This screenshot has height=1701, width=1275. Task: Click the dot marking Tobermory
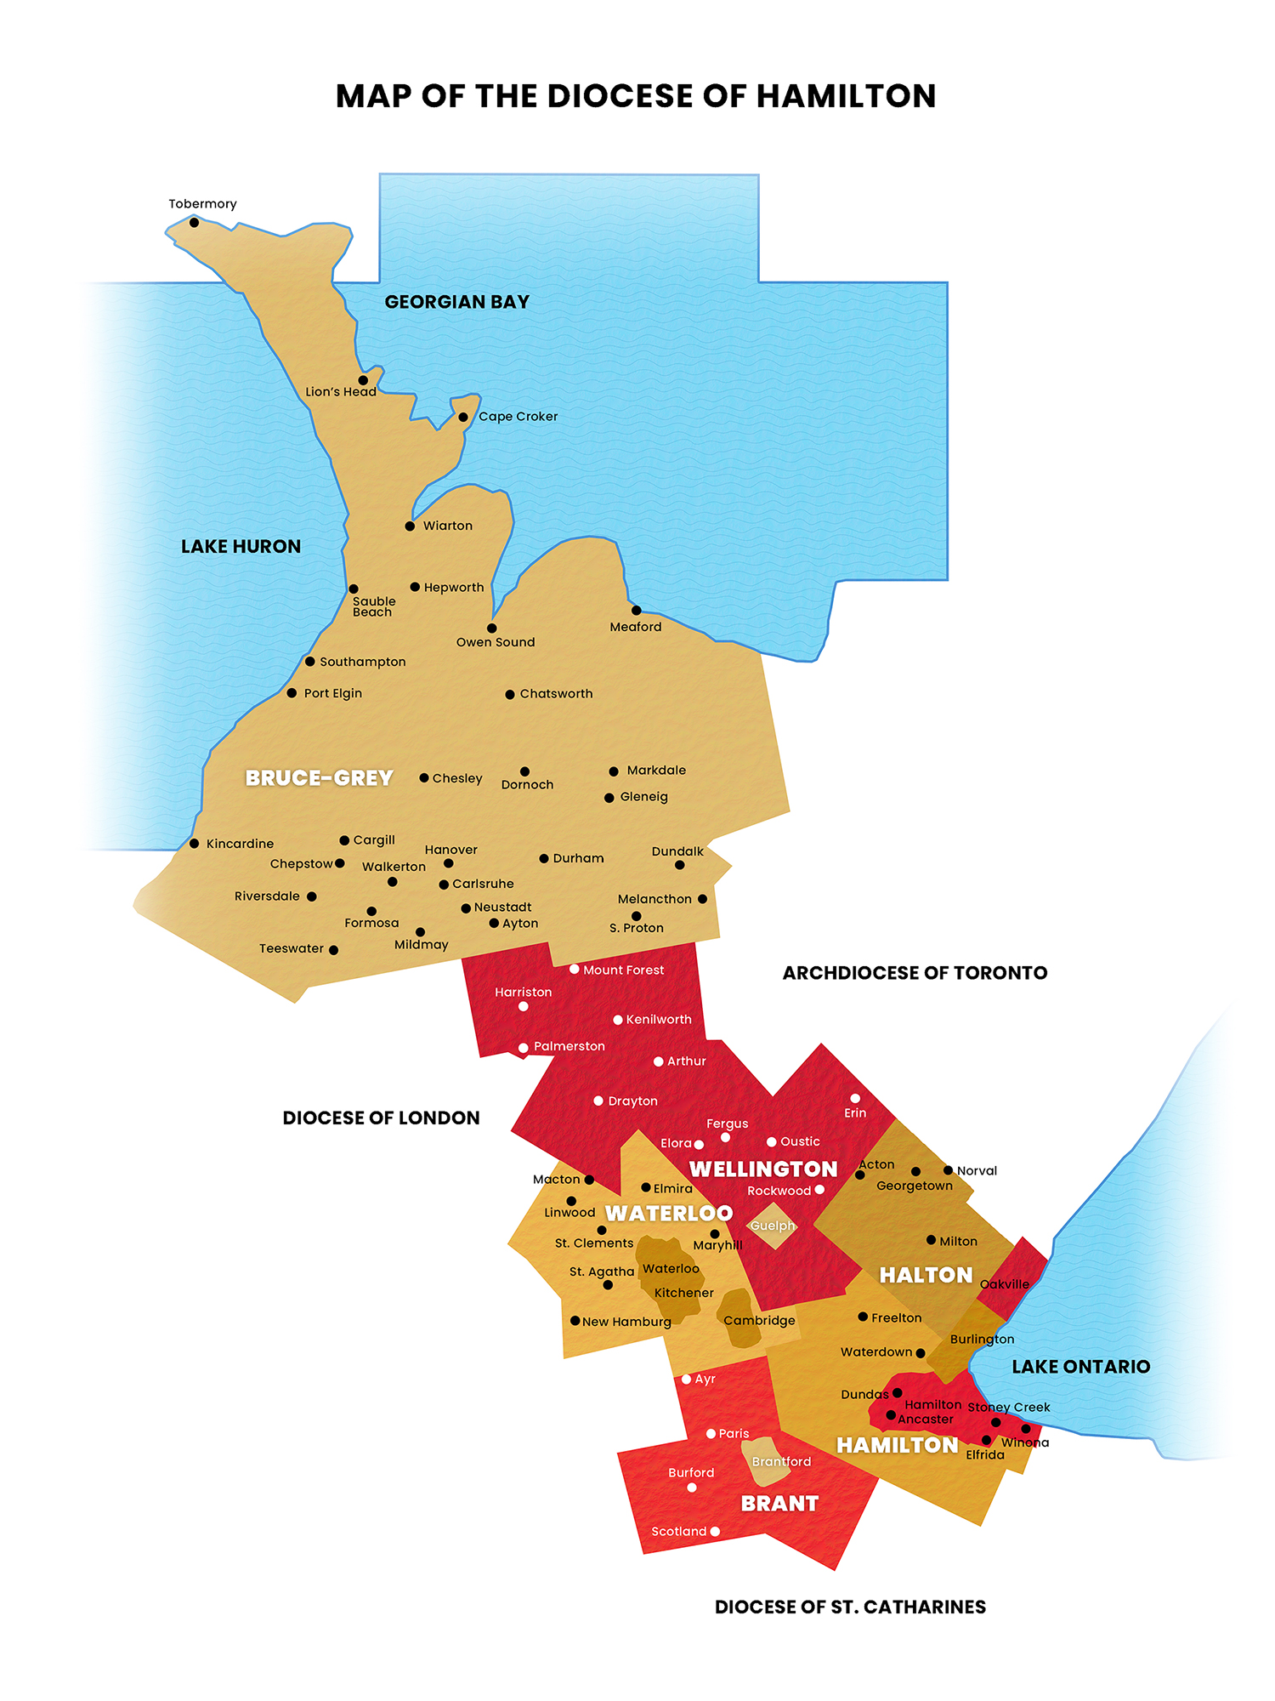coord(194,223)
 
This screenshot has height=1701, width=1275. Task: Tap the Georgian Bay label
coord(456,302)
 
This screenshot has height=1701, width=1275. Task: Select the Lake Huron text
coord(241,546)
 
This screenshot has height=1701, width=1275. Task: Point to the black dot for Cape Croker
coord(463,418)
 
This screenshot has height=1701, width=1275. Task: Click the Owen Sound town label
coord(495,642)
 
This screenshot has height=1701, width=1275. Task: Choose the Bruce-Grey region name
coord(319,778)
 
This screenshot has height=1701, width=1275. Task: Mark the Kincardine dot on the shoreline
coord(194,844)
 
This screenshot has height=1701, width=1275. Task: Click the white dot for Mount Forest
coord(575,970)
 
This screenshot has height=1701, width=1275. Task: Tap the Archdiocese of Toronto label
coord(915,973)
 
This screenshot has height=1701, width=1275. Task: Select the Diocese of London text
coord(381,1118)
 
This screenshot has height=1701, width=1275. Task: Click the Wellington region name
coord(763,1169)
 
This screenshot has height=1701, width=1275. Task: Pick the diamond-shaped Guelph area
coord(772,1226)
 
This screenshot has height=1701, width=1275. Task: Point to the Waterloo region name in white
coord(669,1214)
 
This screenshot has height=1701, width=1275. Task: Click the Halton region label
coord(926,1275)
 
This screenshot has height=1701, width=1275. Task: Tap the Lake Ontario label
coord(1080,1367)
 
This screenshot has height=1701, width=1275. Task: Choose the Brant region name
coord(779,1504)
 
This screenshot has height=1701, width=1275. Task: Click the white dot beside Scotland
coord(715,1532)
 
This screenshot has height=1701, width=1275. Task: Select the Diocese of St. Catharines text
coord(850,1607)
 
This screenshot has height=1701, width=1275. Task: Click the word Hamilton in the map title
coord(846,96)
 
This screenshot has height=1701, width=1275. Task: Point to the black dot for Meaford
coord(636,611)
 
